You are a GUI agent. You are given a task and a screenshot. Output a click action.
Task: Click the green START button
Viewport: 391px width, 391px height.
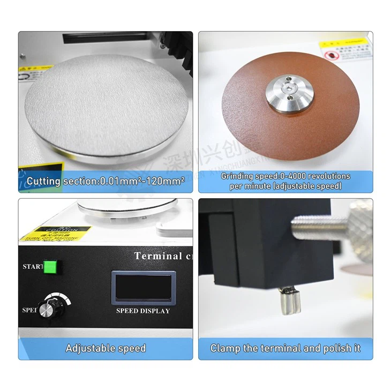tap(50, 266)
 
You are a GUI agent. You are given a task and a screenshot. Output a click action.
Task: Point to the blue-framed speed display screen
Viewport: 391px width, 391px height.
tap(143, 288)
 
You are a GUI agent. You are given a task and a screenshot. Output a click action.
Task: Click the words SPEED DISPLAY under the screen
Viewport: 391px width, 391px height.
tap(143, 311)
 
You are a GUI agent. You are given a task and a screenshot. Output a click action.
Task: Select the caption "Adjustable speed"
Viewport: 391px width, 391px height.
tap(106, 348)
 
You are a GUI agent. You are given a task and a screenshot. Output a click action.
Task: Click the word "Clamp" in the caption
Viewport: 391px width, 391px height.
tap(225, 348)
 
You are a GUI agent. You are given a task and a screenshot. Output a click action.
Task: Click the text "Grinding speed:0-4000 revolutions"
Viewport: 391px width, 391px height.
tap(285, 176)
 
